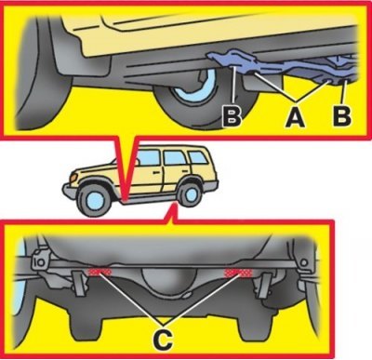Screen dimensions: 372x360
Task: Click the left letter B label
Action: [x=232, y=116]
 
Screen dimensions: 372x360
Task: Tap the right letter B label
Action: [x=342, y=116]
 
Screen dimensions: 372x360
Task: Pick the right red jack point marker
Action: [x=239, y=273]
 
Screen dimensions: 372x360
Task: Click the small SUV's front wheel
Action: [x=92, y=201]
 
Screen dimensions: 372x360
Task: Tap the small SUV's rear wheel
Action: [x=190, y=194]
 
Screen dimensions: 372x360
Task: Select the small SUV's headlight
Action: [x=73, y=179]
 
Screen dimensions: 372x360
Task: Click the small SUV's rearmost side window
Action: [x=198, y=157]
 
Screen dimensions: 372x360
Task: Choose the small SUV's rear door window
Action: [x=174, y=158]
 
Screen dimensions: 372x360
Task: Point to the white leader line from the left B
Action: [x=233, y=85]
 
